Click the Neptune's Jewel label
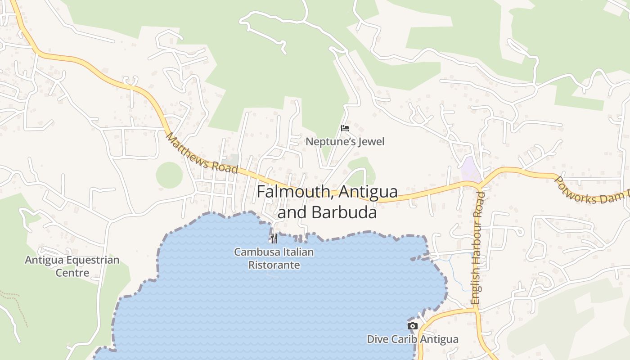345,142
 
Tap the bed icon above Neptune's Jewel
345,128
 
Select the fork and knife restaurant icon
274,238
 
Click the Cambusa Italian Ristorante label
274,258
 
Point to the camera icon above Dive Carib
412,326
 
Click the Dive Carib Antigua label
412,339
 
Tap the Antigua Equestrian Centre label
72,266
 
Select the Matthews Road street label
201,153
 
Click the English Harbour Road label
477,247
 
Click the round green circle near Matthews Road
170,175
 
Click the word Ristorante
274,265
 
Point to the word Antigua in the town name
368,192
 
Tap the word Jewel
371,142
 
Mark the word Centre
72,273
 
